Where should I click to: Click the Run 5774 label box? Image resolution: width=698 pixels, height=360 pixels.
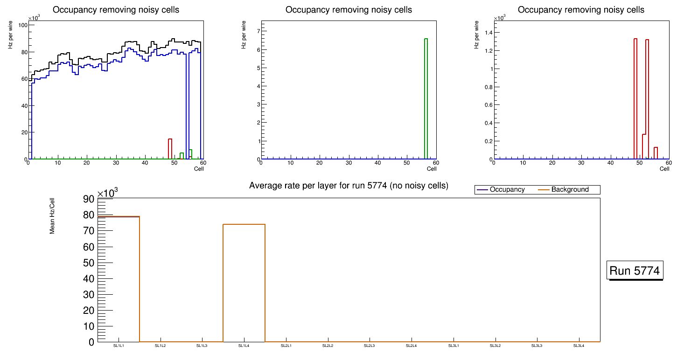pos(635,270)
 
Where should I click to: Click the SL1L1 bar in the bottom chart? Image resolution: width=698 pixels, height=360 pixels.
pos(119,280)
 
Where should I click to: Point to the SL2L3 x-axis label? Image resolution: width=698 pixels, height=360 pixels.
pos(370,346)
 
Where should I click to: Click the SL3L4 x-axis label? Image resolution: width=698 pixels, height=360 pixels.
pos(579,346)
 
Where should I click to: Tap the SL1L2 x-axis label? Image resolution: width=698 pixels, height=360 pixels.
pos(161,346)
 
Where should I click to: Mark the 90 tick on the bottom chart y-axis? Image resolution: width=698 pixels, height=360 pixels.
pos(89,199)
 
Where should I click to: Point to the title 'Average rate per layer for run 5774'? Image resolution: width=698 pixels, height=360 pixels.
pos(349,186)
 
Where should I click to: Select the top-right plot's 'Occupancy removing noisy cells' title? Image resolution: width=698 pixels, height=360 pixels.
pos(581,10)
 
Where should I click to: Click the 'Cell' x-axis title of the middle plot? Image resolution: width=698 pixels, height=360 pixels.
pos(432,169)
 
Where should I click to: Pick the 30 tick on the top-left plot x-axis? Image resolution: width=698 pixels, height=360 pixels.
pos(116,163)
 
